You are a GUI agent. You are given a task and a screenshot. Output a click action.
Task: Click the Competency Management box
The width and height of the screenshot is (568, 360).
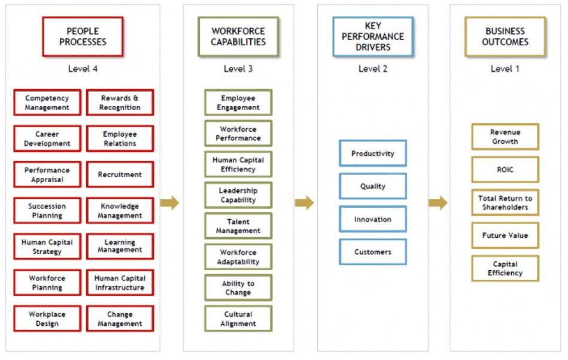tap(47, 102)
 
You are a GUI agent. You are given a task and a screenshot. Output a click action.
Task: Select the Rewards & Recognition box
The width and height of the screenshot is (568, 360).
tap(120, 102)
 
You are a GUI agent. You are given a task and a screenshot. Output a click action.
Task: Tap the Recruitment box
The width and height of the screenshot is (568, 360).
tap(120, 174)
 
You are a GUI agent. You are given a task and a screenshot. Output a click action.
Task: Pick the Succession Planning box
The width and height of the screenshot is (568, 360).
tap(47, 211)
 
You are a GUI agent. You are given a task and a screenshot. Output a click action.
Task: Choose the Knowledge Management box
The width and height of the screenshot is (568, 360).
tap(120, 211)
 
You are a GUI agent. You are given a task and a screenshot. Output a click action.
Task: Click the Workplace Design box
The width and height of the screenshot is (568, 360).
tap(47, 319)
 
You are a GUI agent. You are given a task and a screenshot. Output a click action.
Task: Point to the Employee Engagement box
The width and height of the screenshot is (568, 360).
tap(238, 102)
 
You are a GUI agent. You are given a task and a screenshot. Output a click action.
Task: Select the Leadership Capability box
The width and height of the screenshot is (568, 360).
tap(238, 195)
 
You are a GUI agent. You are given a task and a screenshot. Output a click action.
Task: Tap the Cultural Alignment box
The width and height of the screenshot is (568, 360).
tap(238, 319)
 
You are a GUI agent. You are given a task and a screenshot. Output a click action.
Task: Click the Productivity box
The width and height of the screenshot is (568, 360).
tap(373, 153)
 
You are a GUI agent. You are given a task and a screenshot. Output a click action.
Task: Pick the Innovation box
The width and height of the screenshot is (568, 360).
tap(373, 219)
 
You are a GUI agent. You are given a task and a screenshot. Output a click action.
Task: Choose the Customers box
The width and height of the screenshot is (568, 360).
tap(373, 252)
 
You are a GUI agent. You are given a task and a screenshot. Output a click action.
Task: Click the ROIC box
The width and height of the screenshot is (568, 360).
tap(505, 170)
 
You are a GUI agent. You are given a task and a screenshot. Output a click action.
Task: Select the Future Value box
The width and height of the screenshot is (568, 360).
tap(505, 235)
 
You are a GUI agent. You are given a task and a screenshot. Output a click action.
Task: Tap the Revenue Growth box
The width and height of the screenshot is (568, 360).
tap(505, 137)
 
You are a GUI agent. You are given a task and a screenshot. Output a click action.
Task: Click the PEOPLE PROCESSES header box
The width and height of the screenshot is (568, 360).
tap(83, 37)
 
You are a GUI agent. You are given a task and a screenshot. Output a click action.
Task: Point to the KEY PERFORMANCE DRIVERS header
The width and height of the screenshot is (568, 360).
tap(373, 37)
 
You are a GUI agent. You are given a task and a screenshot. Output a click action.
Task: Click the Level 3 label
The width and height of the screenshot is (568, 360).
tap(238, 69)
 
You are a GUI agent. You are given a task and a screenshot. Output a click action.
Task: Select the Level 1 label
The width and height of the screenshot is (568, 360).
tap(505, 69)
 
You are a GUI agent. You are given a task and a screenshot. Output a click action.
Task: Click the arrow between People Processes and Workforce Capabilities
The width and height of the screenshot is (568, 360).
tap(169, 202)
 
